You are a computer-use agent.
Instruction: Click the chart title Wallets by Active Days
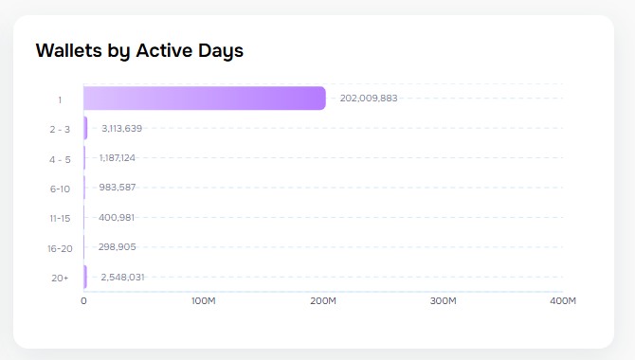tap(139, 50)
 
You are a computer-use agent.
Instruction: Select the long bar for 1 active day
tap(204, 99)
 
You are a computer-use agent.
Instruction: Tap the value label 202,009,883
tap(369, 99)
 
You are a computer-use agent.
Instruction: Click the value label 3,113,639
tap(121, 128)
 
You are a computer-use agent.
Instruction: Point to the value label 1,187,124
tap(118, 158)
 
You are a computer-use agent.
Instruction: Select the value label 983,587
tap(118, 188)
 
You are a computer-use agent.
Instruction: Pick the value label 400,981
tap(117, 217)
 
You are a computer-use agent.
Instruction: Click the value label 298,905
tap(118, 246)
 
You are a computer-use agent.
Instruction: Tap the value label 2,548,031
tap(122, 277)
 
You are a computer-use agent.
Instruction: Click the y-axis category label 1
tap(60, 99)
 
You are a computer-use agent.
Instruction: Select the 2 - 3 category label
tap(60, 129)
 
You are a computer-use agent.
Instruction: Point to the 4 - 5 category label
tap(60, 159)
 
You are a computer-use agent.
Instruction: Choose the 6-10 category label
tap(60, 189)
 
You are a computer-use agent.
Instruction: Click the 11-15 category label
tap(60, 218)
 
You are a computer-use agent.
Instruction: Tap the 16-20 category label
tap(60, 248)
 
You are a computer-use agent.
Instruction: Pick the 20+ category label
tap(60, 278)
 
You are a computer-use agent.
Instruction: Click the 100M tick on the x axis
tap(203, 301)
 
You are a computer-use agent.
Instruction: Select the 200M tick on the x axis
tap(323, 301)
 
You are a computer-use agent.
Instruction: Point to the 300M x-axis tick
tap(444, 301)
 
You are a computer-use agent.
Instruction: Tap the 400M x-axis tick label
tap(563, 301)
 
